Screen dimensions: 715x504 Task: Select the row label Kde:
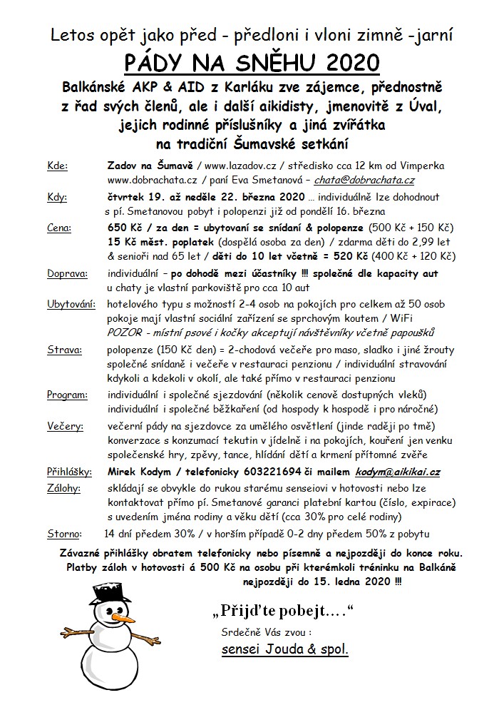click(x=58, y=166)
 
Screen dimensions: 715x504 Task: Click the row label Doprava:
click(x=67, y=273)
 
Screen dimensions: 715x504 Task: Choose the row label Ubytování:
click(x=71, y=305)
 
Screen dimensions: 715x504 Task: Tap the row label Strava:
click(x=63, y=350)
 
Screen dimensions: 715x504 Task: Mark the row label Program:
click(x=67, y=395)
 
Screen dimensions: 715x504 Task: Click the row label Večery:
click(x=65, y=426)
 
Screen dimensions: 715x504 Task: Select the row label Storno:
click(x=63, y=534)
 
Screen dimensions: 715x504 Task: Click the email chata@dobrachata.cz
click(x=376, y=181)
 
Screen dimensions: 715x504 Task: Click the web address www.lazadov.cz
click(x=238, y=166)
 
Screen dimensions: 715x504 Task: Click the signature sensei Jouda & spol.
click(x=285, y=651)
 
